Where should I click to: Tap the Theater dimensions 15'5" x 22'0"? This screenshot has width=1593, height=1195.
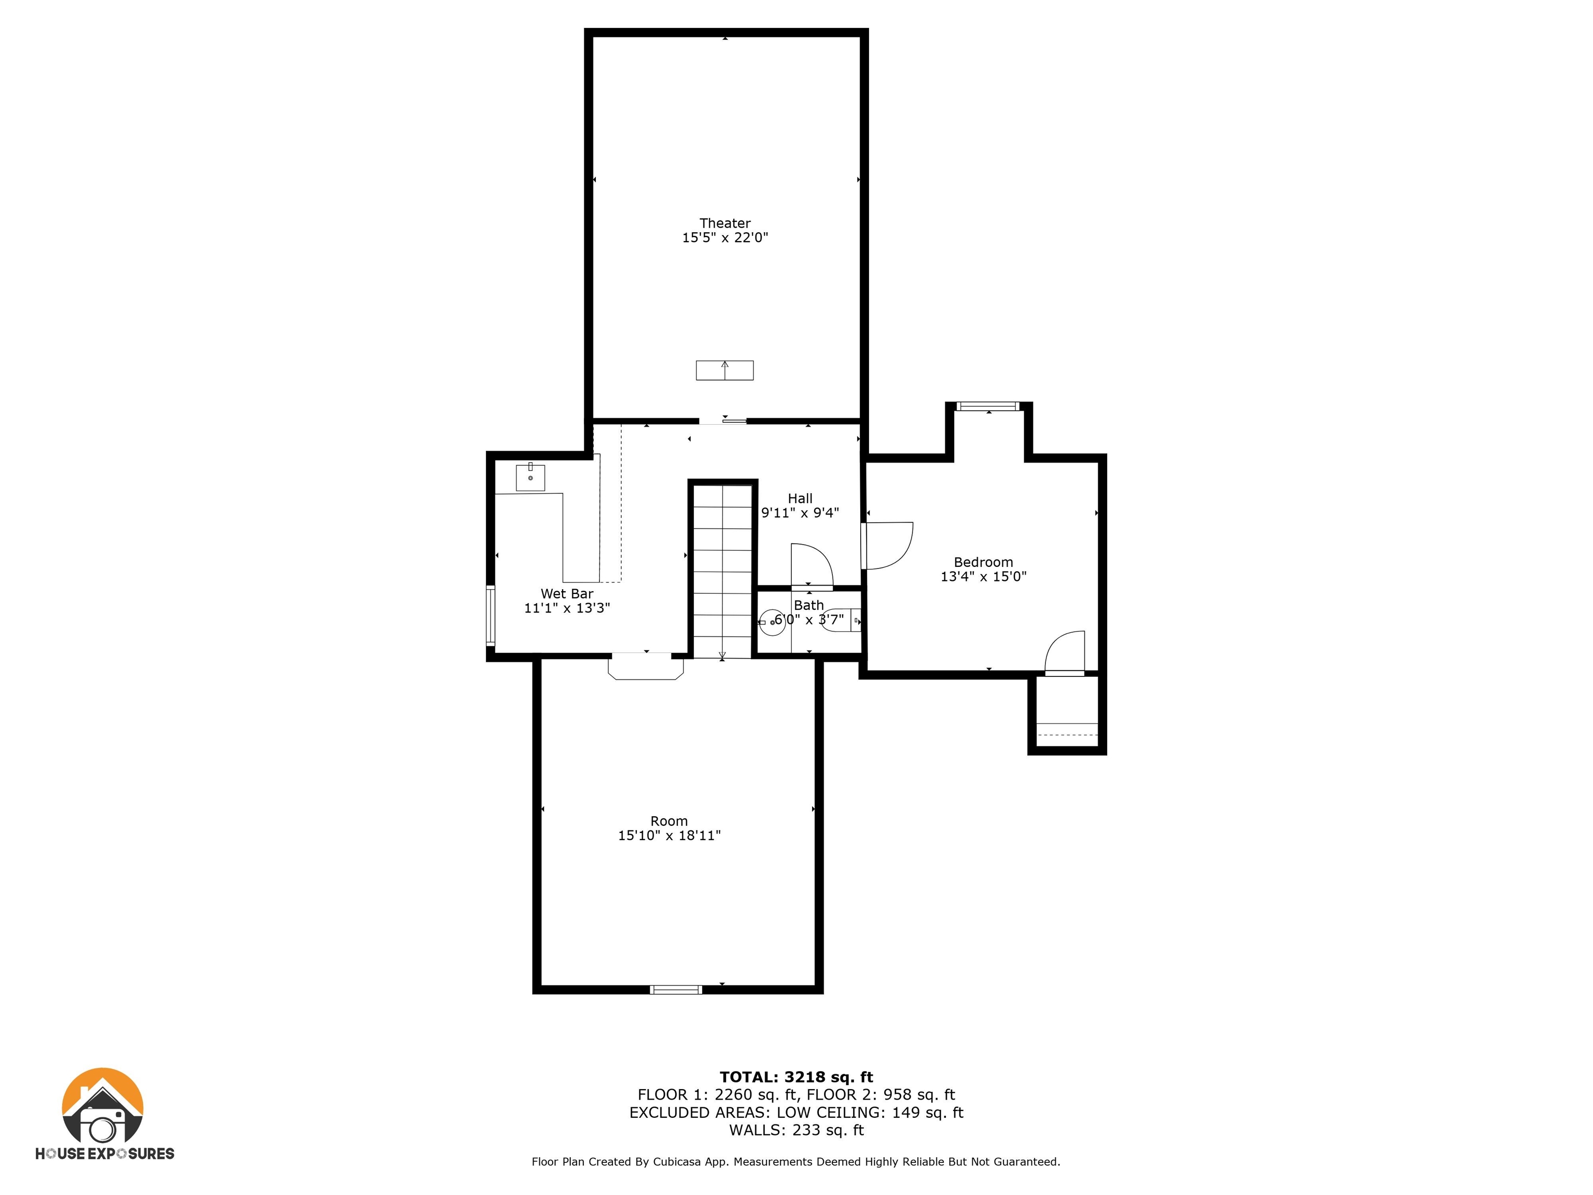point(725,238)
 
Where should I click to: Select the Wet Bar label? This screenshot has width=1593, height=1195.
point(567,593)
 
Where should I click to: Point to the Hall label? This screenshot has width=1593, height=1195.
point(800,498)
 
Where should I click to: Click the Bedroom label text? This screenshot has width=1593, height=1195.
point(983,562)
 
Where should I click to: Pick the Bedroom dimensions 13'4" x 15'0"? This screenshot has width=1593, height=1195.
point(983,576)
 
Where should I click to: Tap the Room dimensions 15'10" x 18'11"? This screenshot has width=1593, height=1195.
point(669,836)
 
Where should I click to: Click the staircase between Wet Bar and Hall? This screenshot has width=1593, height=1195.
point(722,571)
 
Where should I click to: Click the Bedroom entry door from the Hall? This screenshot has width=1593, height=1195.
point(887,545)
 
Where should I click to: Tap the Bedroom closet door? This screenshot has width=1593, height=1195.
point(1065,652)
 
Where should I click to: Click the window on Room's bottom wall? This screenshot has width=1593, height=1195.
point(676,990)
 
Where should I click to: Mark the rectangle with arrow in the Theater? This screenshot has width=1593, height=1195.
point(724,370)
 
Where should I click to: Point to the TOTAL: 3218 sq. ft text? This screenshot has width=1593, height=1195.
point(796,1077)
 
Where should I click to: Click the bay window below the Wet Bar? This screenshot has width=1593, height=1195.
point(646,666)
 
